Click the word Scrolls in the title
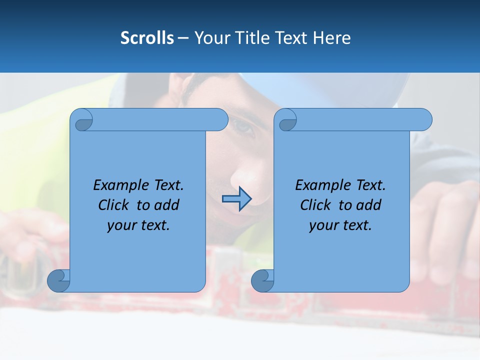click(x=147, y=38)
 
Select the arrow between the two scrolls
click(x=236, y=199)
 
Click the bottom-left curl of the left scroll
click(x=58, y=280)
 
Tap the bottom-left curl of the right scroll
click(x=262, y=280)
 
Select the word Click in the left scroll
click(x=114, y=205)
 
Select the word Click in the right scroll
click(x=316, y=205)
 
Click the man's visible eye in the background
click(x=244, y=127)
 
